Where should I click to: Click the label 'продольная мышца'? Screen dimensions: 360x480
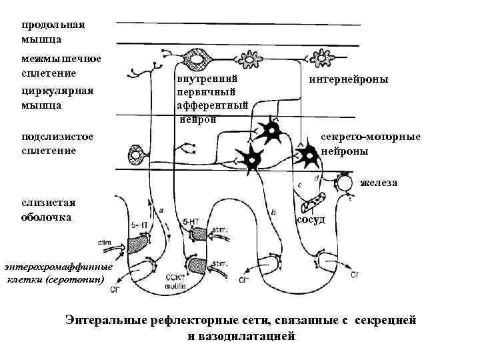pyautogui.click(x=53, y=33)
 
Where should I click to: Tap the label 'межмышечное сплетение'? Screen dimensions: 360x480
pyautogui.click(x=61, y=65)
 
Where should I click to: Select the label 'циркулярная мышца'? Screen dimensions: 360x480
pyautogui.click(x=57, y=97)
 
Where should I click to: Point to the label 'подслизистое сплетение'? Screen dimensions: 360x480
pyautogui.click(x=57, y=143)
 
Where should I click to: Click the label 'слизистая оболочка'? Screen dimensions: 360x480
pyautogui.click(x=47, y=210)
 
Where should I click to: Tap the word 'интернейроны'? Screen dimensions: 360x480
pyautogui.click(x=349, y=79)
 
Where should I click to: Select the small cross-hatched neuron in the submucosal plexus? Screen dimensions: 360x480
pyautogui.click(x=139, y=155)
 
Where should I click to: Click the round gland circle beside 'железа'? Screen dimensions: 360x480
pyautogui.click(x=346, y=182)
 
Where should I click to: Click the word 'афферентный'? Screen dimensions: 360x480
pyautogui.click(x=212, y=105)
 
